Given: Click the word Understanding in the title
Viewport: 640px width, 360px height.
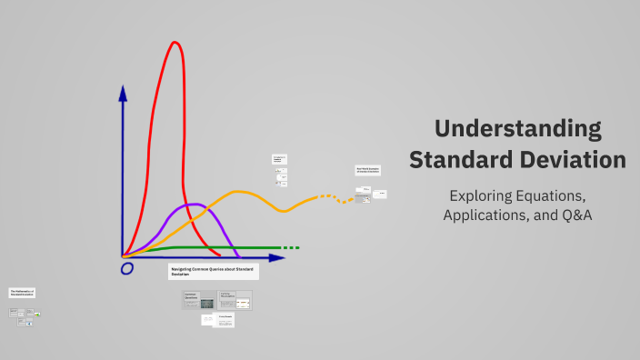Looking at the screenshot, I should [517, 127].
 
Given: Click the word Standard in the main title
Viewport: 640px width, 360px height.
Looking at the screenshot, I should [462, 159].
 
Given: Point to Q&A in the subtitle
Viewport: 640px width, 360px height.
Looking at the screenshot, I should [572, 215].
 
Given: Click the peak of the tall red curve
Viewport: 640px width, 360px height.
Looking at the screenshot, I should [173, 43].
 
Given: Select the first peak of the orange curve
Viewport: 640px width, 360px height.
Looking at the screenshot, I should [238, 192].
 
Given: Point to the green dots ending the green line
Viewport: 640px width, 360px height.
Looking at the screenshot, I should [290, 247].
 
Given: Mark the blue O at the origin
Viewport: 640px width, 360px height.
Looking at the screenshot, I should [127, 268].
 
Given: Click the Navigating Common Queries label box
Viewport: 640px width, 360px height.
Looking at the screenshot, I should [213, 272].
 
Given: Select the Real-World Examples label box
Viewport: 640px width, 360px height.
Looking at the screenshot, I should [367, 170].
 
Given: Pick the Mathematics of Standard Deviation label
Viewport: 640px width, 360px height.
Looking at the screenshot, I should [23, 293].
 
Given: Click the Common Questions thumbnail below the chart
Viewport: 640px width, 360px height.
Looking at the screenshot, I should [199, 300].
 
